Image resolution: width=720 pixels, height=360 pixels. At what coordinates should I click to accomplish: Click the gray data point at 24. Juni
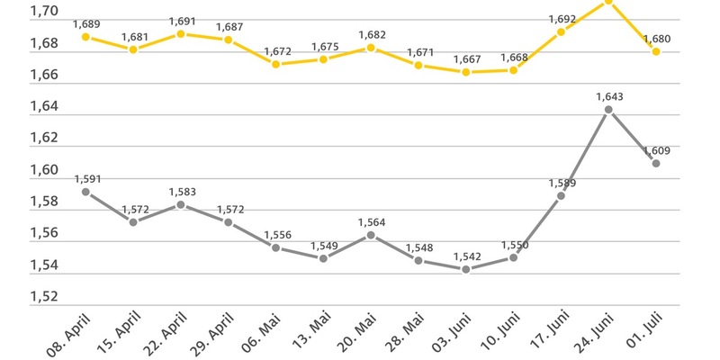[x=608, y=110]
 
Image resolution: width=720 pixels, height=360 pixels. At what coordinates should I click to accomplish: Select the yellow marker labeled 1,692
[x=561, y=31]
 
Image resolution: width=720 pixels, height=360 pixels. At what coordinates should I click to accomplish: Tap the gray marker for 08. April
[x=85, y=192]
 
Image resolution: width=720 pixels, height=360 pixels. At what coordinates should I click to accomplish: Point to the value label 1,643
[x=608, y=96]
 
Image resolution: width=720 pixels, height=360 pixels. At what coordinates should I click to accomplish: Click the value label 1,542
[x=465, y=256]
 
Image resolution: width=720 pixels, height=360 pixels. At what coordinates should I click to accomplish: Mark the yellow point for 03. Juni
[x=465, y=71]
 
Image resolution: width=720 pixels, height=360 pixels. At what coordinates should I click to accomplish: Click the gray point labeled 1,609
[x=656, y=163]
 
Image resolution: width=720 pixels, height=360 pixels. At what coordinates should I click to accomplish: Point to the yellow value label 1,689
[x=85, y=23]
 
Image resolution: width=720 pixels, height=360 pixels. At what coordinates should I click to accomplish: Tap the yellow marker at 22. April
[x=181, y=34]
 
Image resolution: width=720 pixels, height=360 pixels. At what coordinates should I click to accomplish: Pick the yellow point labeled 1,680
[x=656, y=51]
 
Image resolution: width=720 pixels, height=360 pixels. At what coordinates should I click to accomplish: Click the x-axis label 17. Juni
[x=545, y=333]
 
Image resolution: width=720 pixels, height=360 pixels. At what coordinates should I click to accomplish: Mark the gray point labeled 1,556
[x=275, y=247]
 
